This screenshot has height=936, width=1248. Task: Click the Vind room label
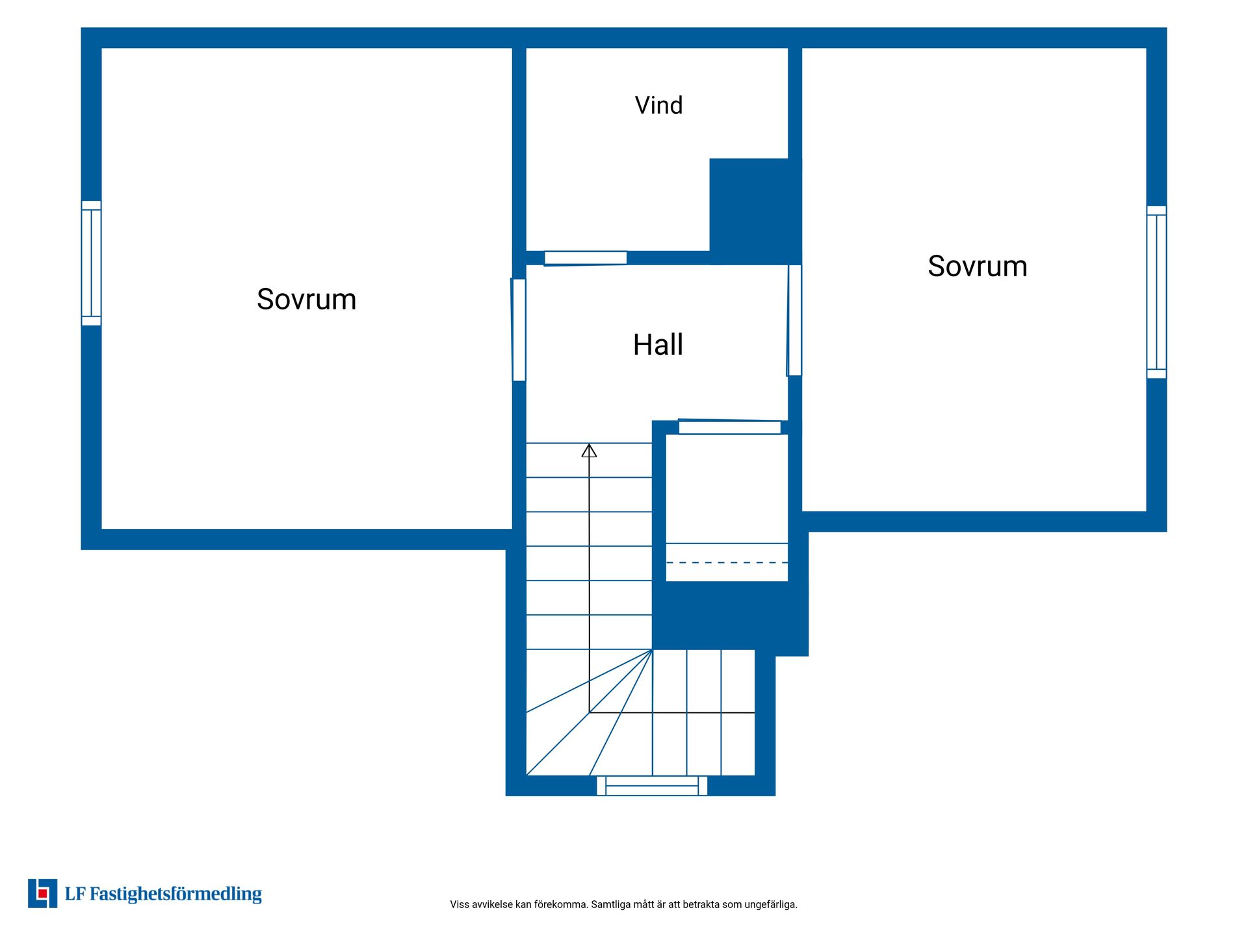pos(658,105)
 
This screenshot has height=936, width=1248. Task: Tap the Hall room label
pos(658,344)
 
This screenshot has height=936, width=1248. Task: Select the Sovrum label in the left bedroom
pos(306,300)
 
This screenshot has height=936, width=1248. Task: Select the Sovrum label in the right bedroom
pos(977,266)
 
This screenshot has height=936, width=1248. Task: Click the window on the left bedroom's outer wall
pos(91,263)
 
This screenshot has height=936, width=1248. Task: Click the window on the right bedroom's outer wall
pos(1156,292)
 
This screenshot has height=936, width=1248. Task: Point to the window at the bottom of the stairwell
pos(652,785)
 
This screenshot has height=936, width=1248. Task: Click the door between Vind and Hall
pos(585,258)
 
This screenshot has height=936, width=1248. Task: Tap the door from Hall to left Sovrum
pos(519,330)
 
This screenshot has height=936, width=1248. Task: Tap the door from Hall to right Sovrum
pos(794,320)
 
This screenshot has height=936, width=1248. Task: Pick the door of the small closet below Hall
pos(729,426)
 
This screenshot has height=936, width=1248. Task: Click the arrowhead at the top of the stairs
pos(589,450)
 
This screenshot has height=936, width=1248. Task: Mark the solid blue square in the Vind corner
pos(755,211)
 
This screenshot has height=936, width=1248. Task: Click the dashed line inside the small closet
pos(727,563)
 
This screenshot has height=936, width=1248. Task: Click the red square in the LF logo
pos(43,894)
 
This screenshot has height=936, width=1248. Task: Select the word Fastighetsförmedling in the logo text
pos(175,894)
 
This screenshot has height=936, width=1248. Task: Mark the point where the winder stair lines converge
pos(652,649)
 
